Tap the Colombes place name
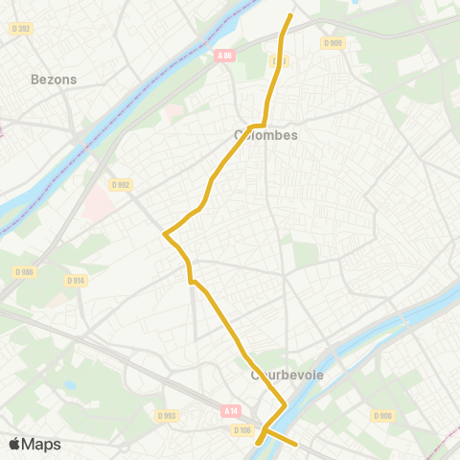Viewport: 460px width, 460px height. (266, 135)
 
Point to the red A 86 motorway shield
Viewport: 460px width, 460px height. (224, 57)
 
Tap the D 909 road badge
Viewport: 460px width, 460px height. (333, 42)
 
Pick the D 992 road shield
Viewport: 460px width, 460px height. (120, 185)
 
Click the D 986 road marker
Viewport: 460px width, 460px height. (23, 272)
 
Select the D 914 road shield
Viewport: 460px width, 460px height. (77, 280)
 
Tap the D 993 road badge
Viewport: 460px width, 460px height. (168, 415)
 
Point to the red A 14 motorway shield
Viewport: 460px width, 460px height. (230, 410)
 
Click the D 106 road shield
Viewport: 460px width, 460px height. (241, 430)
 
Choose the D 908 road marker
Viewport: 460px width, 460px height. (382, 415)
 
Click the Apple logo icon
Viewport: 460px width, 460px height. (13, 445)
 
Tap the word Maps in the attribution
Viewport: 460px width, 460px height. (41, 445)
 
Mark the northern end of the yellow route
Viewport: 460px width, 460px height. (290, 14)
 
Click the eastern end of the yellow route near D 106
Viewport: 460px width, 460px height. (299, 445)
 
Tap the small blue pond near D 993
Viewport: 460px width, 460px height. (71, 386)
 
